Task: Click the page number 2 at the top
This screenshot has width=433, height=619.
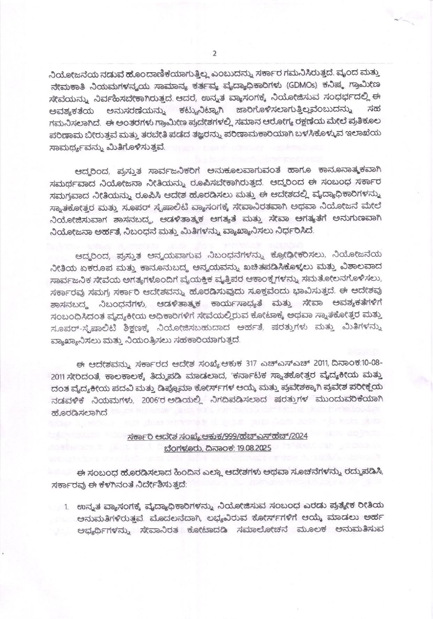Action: [215, 53]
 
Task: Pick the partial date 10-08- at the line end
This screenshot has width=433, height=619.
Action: [371, 363]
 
